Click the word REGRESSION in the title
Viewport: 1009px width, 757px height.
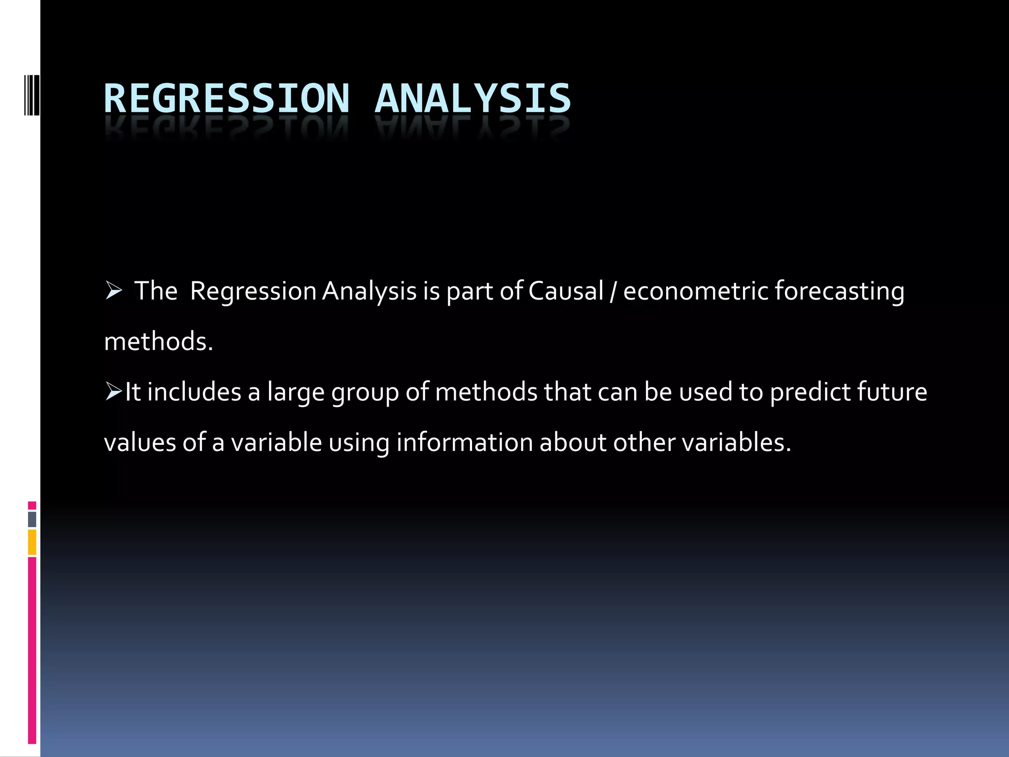pyautogui.click(x=227, y=99)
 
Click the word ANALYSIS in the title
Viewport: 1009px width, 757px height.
pyautogui.click(x=472, y=99)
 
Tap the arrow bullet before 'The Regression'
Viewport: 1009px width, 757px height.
pyautogui.click(x=114, y=291)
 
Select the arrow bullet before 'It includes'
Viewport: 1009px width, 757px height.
pyautogui.click(x=113, y=392)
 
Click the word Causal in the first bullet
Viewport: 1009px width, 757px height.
pyautogui.click(x=566, y=291)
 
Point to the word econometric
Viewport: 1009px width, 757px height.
pyautogui.click(x=695, y=291)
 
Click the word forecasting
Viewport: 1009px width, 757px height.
pyautogui.click(x=839, y=292)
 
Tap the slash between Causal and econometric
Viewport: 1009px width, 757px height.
pyautogui.click(x=613, y=292)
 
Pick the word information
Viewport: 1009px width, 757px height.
pyautogui.click(x=464, y=442)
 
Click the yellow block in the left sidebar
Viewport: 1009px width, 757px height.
pyautogui.click(x=32, y=542)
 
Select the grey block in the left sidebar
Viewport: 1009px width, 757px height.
pyautogui.click(x=32, y=519)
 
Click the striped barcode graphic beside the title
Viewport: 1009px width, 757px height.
pyautogui.click(x=32, y=94)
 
